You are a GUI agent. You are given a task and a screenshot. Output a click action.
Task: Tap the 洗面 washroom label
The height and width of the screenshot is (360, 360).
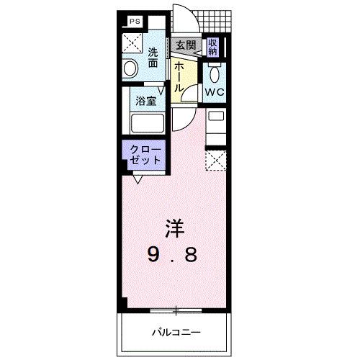[153, 58]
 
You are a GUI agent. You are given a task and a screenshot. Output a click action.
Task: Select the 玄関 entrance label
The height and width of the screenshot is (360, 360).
[185, 45]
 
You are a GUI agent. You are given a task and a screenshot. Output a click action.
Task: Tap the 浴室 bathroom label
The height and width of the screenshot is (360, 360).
[147, 102]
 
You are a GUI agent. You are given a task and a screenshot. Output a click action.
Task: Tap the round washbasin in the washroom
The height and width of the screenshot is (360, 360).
[131, 68]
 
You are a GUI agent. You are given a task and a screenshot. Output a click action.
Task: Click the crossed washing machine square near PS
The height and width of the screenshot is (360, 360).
[132, 44]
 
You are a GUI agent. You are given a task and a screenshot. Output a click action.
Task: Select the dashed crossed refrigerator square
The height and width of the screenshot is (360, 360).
[215, 158]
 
